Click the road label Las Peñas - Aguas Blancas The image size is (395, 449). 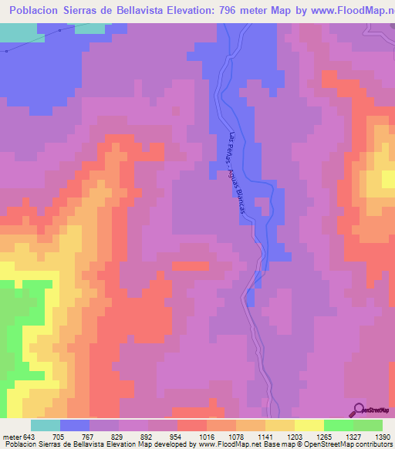237,177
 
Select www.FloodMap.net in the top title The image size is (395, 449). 344,11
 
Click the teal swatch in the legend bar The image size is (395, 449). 46,425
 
